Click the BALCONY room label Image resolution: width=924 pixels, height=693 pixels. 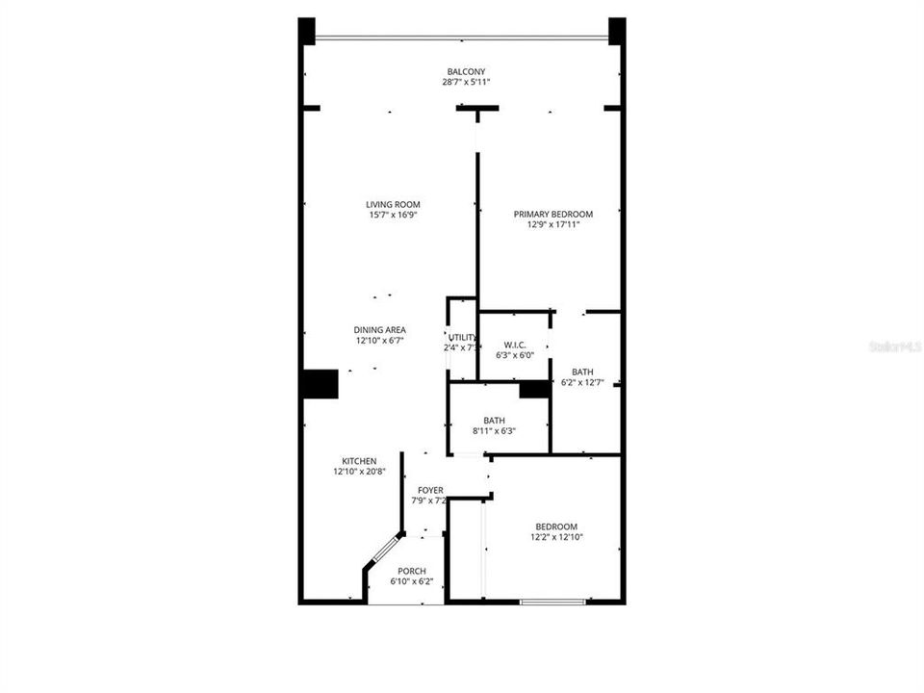pyautogui.click(x=466, y=71)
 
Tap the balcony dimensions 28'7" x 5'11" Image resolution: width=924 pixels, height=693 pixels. pyautogui.click(x=466, y=83)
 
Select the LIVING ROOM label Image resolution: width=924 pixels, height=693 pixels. pyautogui.click(x=393, y=204)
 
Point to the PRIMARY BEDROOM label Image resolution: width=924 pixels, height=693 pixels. pyautogui.click(x=552, y=214)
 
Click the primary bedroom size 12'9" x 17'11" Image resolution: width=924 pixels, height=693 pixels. pyautogui.click(x=552, y=225)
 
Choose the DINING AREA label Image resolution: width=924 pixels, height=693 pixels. pyautogui.click(x=380, y=329)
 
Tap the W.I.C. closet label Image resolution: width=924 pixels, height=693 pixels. pyautogui.click(x=513, y=344)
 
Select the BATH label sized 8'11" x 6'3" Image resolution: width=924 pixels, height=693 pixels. pyautogui.click(x=494, y=420)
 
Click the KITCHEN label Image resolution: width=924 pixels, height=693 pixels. pyautogui.click(x=359, y=460)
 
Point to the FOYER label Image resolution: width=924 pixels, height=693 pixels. pyautogui.click(x=430, y=490)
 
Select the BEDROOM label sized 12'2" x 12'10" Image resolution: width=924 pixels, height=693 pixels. pyautogui.click(x=556, y=526)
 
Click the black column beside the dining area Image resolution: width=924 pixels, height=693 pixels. pyautogui.click(x=320, y=383)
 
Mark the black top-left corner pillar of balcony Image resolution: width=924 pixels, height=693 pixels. pyautogui.click(x=307, y=31)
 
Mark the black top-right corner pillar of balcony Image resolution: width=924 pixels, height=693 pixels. pyautogui.click(x=617, y=31)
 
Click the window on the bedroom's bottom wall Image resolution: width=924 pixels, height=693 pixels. pyautogui.click(x=552, y=602)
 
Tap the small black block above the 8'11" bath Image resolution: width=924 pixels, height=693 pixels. pyautogui.click(x=533, y=389)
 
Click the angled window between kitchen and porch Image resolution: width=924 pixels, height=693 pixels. pyautogui.click(x=384, y=551)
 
